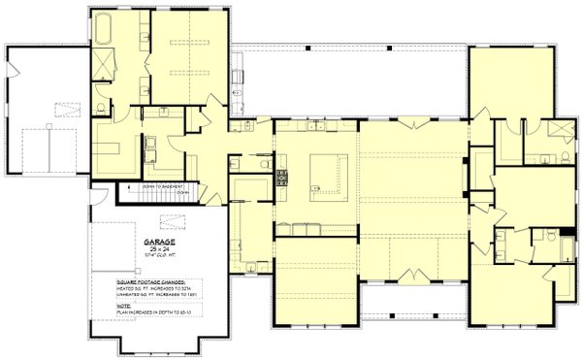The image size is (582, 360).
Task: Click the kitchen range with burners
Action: coord(283,177)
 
